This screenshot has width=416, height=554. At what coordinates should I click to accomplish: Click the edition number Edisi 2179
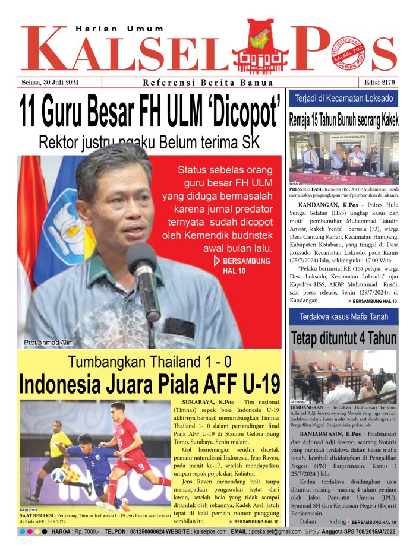point(378,83)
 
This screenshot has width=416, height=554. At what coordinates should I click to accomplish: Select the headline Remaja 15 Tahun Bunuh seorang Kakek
point(343,119)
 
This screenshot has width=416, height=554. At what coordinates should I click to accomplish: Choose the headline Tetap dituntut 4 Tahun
point(343,338)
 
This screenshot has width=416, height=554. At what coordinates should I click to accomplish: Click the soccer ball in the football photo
point(58,475)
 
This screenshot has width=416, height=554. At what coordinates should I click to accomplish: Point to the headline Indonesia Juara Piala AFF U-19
point(149,384)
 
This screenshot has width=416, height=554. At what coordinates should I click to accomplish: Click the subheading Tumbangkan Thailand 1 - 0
point(149,362)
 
